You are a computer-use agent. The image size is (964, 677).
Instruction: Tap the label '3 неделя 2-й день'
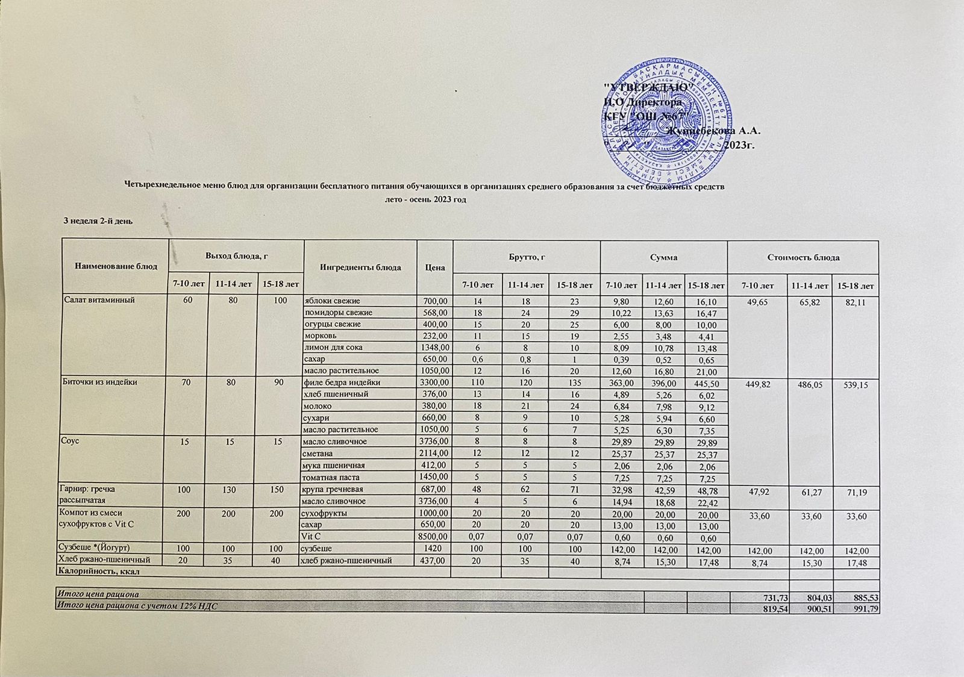click(x=98, y=221)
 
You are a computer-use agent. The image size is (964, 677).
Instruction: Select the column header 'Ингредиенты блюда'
click(x=360, y=267)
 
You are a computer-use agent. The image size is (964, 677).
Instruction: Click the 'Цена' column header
click(x=434, y=267)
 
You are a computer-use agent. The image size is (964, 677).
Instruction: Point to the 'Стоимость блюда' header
click(x=803, y=257)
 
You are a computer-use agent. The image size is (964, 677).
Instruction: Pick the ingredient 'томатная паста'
click(x=332, y=478)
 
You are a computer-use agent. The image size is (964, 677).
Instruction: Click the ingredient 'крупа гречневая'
click(x=333, y=489)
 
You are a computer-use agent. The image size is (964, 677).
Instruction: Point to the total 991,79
click(x=860, y=609)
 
